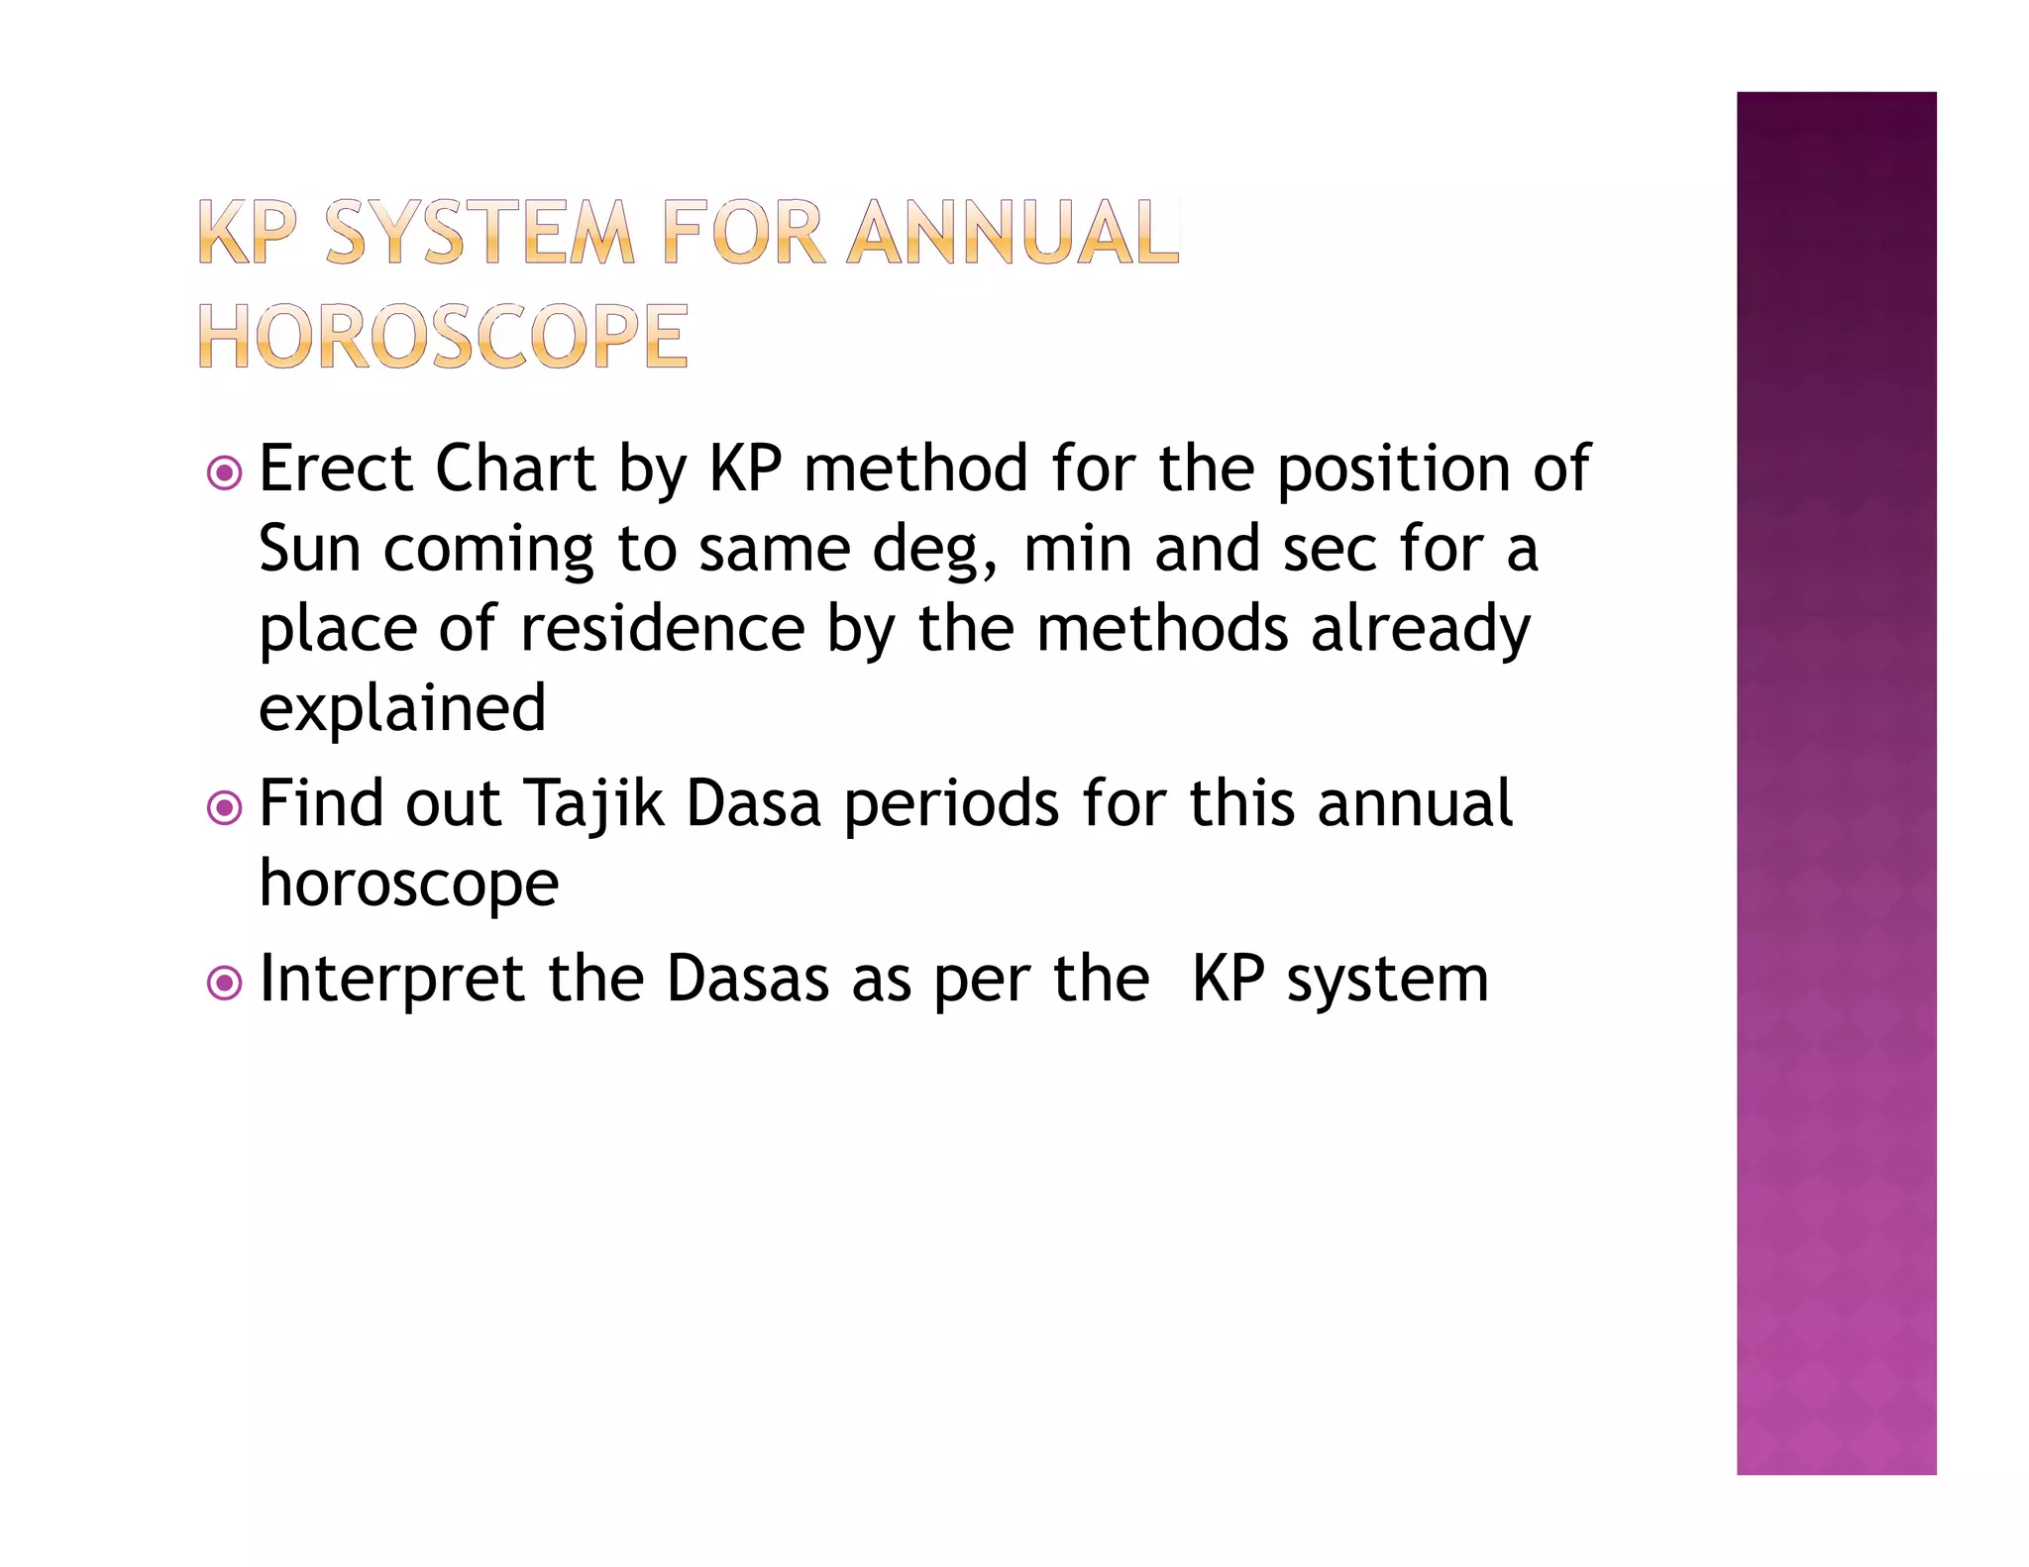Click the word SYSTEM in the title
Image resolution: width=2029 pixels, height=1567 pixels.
tap(480, 234)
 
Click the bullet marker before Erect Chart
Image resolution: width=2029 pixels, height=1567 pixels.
tap(225, 472)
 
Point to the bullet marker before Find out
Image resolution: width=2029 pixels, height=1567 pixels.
tap(225, 807)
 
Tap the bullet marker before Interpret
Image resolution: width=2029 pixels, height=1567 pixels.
tap(225, 984)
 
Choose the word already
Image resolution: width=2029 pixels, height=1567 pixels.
tap(1421, 631)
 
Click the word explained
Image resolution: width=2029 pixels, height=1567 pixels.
tap(402, 709)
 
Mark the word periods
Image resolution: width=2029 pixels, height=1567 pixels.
tap(951, 804)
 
